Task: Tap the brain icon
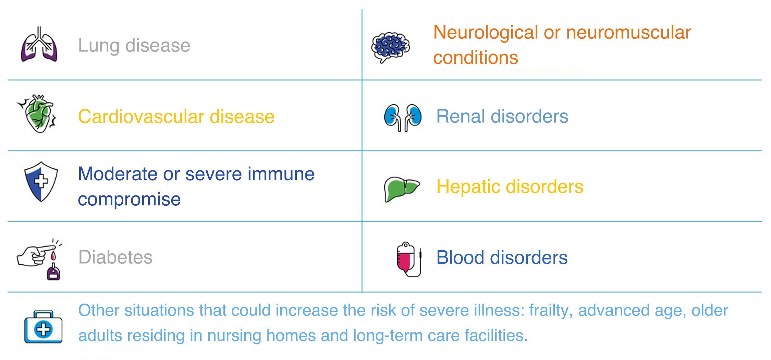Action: click(x=391, y=47)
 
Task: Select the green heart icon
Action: click(x=38, y=113)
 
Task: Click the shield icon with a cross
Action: click(x=41, y=181)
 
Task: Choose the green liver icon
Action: click(x=402, y=189)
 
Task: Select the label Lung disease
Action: click(x=134, y=45)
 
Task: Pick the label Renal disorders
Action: click(x=502, y=116)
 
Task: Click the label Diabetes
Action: click(x=115, y=257)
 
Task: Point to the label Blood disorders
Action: click(x=502, y=257)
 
